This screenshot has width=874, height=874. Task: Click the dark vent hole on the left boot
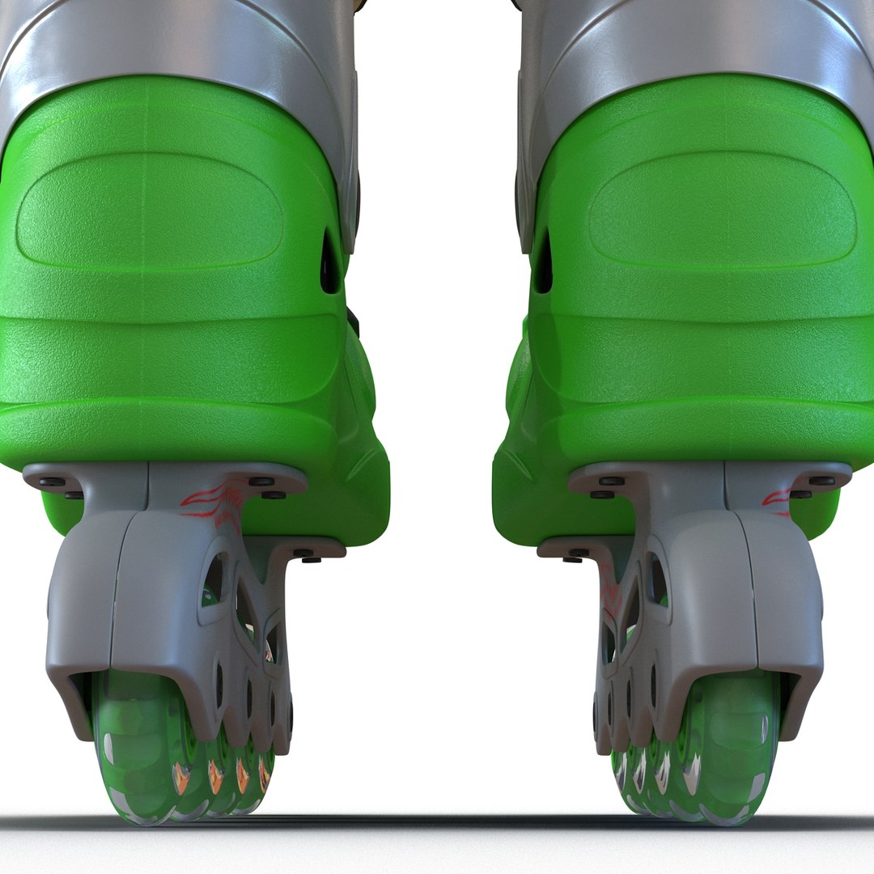point(330,263)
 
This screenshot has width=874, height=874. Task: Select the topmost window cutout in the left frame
point(214,579)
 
